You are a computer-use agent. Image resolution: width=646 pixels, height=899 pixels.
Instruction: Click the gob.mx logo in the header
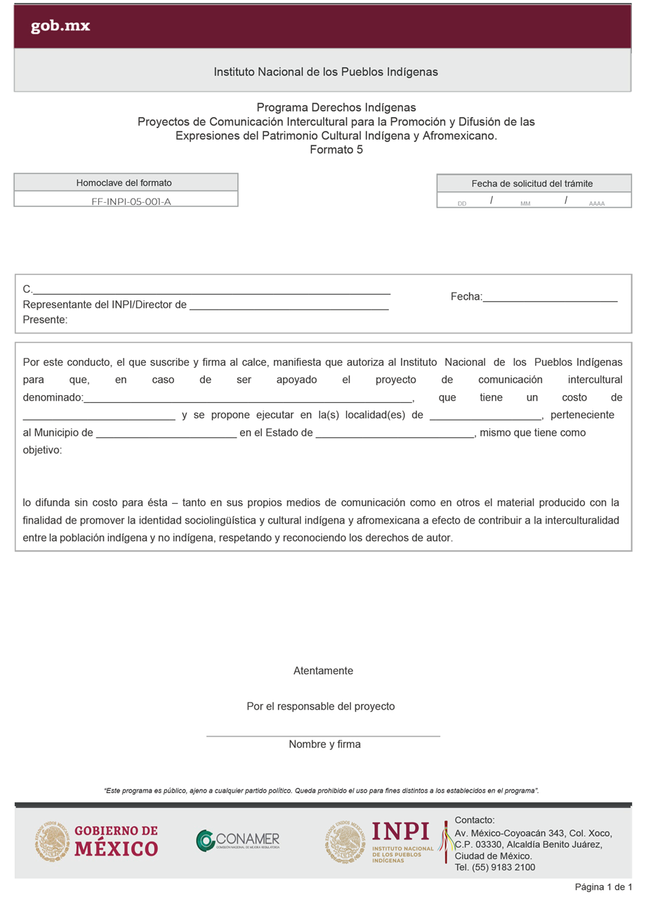(60, 27)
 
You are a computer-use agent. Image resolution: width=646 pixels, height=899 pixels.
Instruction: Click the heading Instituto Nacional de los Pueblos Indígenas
(326, 72)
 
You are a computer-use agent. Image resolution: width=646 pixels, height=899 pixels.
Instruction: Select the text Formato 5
(336, 149)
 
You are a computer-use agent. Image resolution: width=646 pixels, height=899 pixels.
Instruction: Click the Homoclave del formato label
(124, 183)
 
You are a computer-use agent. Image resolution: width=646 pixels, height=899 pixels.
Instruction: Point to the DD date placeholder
(462, 204)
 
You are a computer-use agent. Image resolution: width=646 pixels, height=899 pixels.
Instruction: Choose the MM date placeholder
(525, 204)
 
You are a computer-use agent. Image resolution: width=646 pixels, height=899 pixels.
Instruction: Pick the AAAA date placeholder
(597, 204)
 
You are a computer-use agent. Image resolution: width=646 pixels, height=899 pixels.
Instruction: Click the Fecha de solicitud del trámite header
(532, 184)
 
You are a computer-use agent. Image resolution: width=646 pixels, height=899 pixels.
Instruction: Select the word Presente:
(45, 320)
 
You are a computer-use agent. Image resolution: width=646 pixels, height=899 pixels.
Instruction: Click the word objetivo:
(42, 450)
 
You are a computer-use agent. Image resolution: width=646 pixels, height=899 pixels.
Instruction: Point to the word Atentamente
(323, 671)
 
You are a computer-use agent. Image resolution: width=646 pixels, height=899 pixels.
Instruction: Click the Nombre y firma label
(324, 745)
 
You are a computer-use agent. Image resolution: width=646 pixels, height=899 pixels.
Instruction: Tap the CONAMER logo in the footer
(238, 840)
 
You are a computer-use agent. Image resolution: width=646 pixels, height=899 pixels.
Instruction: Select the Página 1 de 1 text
(604, 887)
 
